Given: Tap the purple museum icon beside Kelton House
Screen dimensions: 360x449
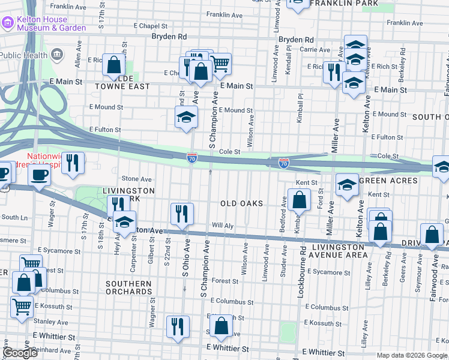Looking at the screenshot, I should click(8, 23).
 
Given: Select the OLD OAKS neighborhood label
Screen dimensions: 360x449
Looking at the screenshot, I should click(241, 203).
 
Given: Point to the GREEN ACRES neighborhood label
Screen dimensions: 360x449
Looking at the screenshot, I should click(388, 181).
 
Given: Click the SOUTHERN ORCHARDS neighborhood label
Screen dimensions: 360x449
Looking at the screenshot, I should click(128, 287).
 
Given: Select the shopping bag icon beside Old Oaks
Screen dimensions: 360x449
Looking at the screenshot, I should click(299, 199).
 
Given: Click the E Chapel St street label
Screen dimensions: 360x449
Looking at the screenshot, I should click(150, 26).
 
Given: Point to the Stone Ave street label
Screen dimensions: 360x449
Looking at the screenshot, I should click(137, 179).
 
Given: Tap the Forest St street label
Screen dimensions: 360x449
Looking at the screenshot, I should click(224, 281).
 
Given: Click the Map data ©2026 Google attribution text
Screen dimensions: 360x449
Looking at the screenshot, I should click(412, 355).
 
